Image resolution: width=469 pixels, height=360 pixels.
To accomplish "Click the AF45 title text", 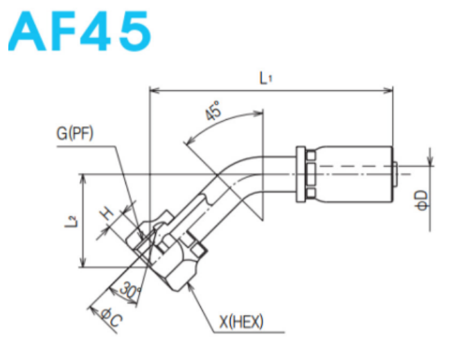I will [x=80, y=31].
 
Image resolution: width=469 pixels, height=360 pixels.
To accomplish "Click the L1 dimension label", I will [x=266, y=78].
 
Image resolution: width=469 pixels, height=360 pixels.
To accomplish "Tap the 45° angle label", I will [x=214, y=111].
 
